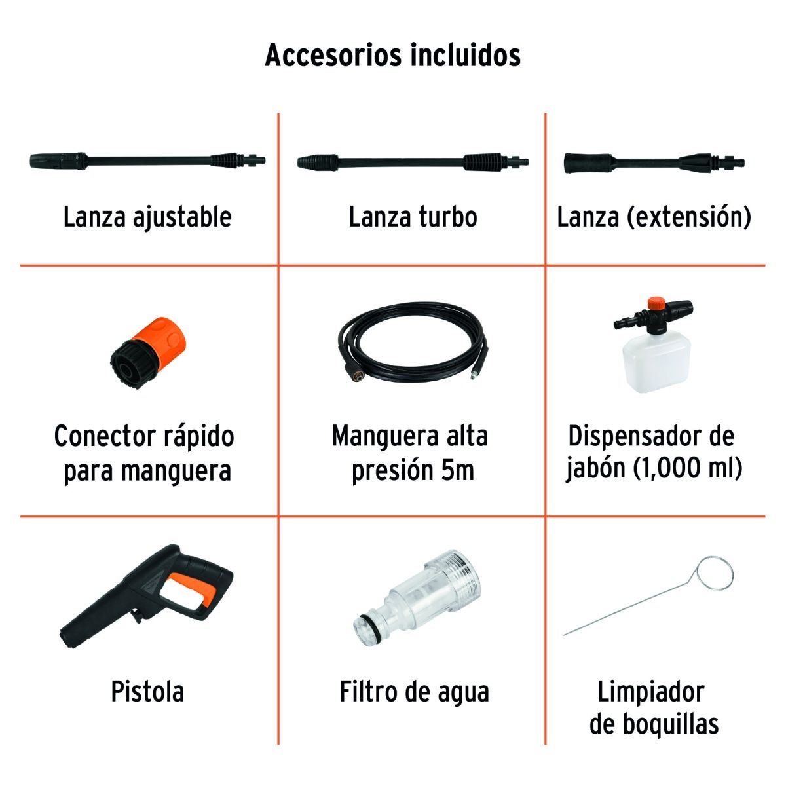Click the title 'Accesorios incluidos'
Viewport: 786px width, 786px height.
[392, 55]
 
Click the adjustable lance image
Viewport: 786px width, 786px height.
[148, 159]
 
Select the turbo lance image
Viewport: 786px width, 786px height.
[413, 161]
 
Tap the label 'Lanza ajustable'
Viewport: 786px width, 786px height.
[147, 217]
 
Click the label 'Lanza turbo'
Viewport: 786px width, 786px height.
[413, 217]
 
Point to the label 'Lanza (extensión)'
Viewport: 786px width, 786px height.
[654, 217]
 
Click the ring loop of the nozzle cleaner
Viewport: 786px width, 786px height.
[713, 573]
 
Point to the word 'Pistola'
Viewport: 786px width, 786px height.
[147, 692]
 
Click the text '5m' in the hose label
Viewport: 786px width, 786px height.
[457, 470]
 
